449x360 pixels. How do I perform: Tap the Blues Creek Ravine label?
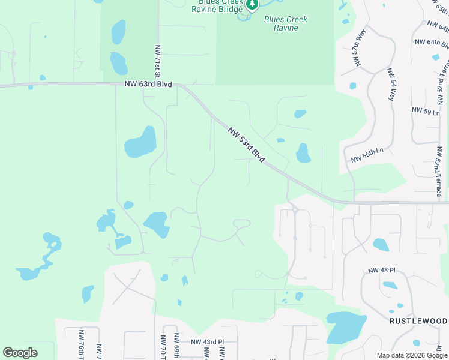point(286,23)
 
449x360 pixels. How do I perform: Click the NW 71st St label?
point(158,61)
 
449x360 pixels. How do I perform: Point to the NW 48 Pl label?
point(379,271)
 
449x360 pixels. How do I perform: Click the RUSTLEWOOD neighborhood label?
point(418,322)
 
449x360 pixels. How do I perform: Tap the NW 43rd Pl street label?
point(207,342)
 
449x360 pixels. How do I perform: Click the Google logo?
point(20,353)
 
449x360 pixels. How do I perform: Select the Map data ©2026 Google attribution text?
point(411,355)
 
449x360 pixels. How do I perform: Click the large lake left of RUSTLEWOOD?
point(345,327)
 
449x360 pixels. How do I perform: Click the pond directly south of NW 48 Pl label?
point(390,285)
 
